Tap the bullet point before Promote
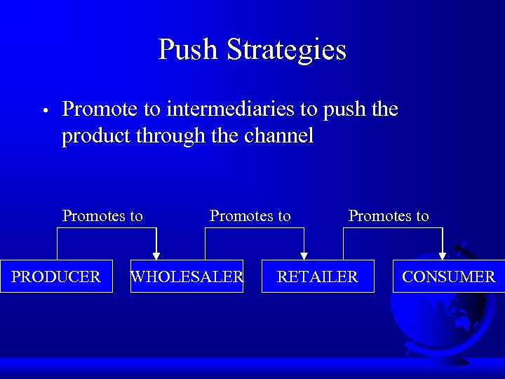pos(43,111)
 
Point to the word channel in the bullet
pos(279,135)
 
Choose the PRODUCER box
pos(56,277)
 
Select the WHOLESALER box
pos(187,277)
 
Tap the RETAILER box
pos(317,277)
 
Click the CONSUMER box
pos(448,277)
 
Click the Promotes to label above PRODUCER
pos(102,216)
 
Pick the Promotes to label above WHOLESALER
pos(250,216)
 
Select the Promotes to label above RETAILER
pos(389,216)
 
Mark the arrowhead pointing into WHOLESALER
pos(156,255)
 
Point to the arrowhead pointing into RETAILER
pos(304,255)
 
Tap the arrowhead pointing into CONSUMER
pos(443,255)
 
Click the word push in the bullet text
pos(344,109)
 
